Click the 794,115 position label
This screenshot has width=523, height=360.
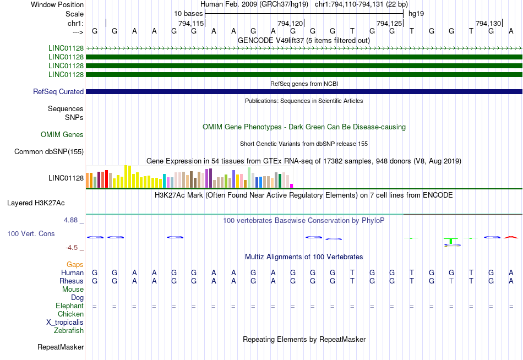(192, 23)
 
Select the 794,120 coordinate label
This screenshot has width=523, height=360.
(291, 23)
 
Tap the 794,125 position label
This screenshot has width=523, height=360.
(389, 23)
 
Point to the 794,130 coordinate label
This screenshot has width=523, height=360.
(488, 23)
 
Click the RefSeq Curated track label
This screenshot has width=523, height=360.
(58, 92)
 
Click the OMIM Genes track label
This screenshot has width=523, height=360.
(62, 135)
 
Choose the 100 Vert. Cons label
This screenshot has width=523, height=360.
(31, 234)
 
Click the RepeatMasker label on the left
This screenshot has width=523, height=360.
(61, 347)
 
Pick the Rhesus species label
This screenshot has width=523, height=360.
(71, 281)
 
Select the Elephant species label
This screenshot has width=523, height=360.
(69, 306)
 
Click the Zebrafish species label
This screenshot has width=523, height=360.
(69, 331)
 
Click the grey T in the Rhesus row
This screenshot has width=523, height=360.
(451, 281)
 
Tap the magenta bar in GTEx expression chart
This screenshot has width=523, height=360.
(292, 186)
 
